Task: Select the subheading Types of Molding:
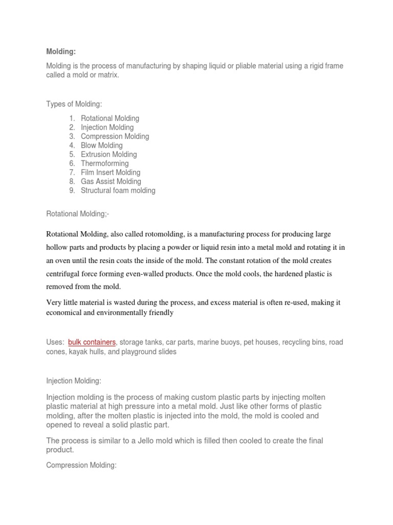pos(74,105)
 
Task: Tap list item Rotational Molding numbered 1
pos(110,118)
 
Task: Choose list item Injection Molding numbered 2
pos(107,127)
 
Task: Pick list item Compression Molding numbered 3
pos(115,136)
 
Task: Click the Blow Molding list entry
pos(101,145)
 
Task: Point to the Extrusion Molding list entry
pos(108,154)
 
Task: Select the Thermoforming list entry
pos(104,164)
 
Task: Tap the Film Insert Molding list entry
pos(110,172)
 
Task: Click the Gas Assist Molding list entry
pos(111,181)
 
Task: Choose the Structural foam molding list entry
pos(118,191)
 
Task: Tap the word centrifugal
pos(64,274)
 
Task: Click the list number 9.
pos(72,191)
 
